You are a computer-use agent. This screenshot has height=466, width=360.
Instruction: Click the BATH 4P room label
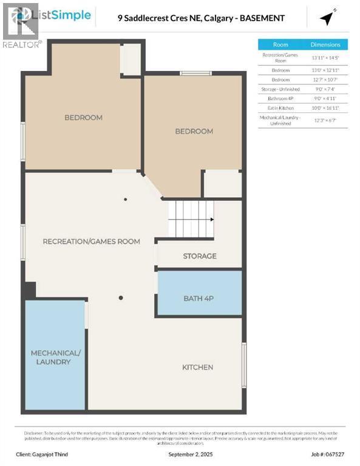199,298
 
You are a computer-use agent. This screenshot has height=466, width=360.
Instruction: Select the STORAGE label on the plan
200,256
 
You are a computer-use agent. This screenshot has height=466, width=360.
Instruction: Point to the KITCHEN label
198,367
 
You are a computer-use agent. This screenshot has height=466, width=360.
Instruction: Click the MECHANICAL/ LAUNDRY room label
55,357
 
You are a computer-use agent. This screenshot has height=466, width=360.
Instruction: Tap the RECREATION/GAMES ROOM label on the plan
91,241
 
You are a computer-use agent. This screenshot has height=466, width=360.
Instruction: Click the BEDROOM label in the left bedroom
83,118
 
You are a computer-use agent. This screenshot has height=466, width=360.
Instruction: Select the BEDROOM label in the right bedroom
194,131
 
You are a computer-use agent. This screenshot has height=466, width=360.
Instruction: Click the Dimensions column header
325,44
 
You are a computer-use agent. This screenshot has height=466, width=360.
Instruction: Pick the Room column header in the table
280,44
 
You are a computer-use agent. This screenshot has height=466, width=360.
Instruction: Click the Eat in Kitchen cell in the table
280,107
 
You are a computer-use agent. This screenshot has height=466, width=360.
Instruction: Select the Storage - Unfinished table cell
280,89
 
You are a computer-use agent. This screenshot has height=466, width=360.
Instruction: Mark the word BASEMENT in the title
261,18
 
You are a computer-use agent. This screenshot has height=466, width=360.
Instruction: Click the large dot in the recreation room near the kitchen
121,298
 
